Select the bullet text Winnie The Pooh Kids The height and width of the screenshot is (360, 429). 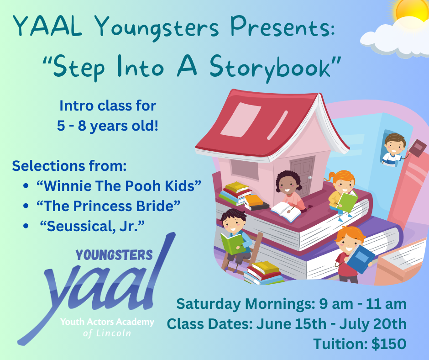tap(119, 186)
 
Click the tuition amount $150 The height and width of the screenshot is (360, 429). tap(389, 344)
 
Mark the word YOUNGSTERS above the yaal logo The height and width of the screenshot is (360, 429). tap(114, 255)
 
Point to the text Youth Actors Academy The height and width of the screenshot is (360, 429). tap(107, 323)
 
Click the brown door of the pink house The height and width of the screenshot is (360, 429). tap(302, 169)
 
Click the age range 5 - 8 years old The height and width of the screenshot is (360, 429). tap(108, 126)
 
